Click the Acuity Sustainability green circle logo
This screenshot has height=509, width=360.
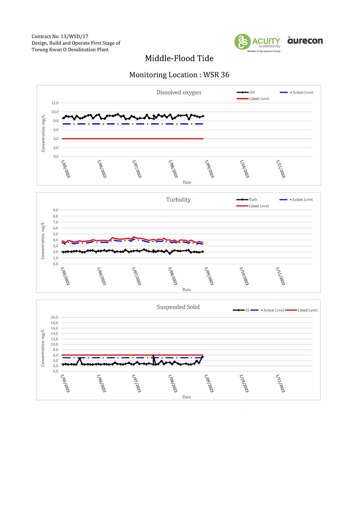coord(242,41)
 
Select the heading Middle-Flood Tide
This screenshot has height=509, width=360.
coord(179,58)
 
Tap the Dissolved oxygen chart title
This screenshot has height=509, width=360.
coord(179,92)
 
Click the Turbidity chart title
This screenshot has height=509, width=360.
coord(178,200)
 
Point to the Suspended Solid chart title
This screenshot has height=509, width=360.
coord(178,307)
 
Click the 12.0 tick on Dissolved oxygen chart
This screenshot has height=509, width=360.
coord(55,103)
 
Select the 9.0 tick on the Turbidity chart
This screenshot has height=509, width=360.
coord(55,210)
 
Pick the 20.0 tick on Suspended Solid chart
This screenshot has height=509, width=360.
coord(54,317)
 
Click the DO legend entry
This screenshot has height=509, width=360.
coord(245,92)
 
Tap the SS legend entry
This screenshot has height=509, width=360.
coord(241,310)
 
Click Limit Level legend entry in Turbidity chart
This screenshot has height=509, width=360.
coord(253,206)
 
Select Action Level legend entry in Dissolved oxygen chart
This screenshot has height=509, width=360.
coord(296,92)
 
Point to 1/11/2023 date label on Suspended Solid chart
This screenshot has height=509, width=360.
coord(280,383)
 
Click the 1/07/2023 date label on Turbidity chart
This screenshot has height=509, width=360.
coord(136,276)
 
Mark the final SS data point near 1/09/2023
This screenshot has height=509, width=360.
coord(202,357)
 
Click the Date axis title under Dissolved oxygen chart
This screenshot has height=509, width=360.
coord(187,182)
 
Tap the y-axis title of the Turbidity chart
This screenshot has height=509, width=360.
coord(43,240)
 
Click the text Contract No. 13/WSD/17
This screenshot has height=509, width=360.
coord(60,36)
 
